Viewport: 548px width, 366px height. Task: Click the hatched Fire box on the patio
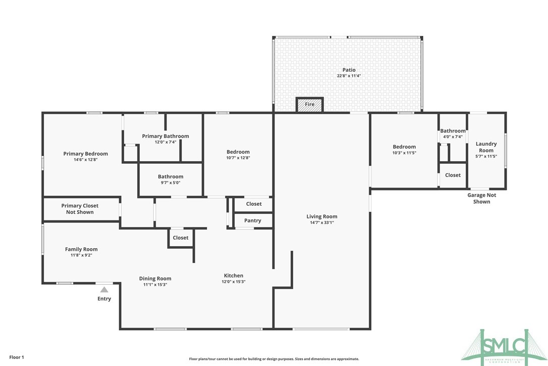click(x=309, y=105)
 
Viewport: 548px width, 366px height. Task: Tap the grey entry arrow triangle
click(x=104, y=290)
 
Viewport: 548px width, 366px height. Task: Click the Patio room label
click(x=349, y=70)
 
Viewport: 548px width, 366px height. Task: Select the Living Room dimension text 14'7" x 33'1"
click(x=322, y=222)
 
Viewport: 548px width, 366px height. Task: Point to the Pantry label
click(x=252, y=220)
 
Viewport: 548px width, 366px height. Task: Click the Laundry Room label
click(x=486, y=147)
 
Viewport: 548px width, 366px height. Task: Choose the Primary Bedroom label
click(x=85, y=154)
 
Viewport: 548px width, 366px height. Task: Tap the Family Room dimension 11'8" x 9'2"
click(x=81, y=255)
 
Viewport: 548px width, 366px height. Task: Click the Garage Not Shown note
click(x=481, y=198)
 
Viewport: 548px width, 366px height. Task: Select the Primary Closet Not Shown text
click(x=80, y=209)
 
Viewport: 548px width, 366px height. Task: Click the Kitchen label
click(x=234, y=276)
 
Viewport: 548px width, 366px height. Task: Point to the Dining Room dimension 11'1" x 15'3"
click(x=155, y=285)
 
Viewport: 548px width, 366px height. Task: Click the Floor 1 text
click(x=17, y=357)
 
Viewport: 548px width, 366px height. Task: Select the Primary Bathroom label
click(x=166, y=136)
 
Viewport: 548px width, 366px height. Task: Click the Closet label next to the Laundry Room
click(x=453, y=175)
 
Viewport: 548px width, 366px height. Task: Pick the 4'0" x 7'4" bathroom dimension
click(x=452, y=137)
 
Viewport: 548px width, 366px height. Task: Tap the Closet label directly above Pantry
click(x=254, y=204)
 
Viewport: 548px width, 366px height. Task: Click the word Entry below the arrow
click(x=104, y=299)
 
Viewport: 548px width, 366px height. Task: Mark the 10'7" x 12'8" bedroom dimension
click(x=238, y=158)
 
